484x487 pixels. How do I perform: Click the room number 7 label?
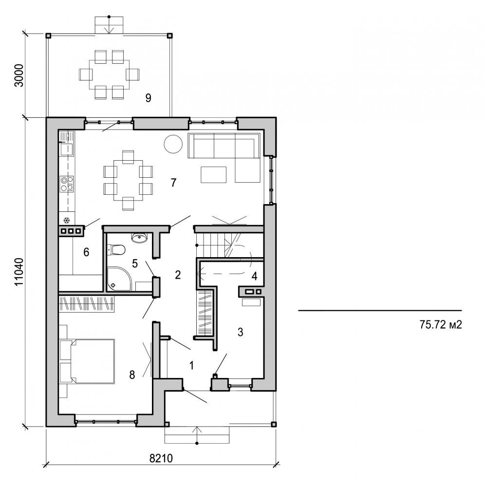pyautogui.click(x=173, y=183)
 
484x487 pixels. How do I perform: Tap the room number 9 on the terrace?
pyautogui.click(x=148, y=98)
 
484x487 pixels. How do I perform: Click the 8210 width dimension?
pyautogui.click(x=162, y=458)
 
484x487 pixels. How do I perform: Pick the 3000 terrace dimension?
pyautogui.click(x=19, y=75)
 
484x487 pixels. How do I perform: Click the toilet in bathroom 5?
pyautogui.click(x=117, y=250)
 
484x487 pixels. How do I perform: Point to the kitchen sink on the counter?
pyautogui.click(x=66, y=148)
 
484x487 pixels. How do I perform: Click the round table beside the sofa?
pyautogui.click(x=173, y=144)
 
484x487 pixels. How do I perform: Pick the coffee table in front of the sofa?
pyautogui.click(x=214, y=174)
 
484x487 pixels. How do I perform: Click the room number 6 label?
pyautogui.click(x=86, y=252)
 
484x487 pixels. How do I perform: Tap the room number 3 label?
pyautogui.click(x=240, y=332)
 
